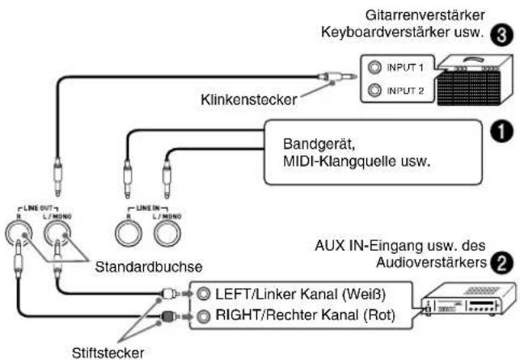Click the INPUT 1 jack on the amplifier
[374, 67]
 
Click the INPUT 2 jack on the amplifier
[374, 90]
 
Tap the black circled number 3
[501, 35]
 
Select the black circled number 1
[501, 132]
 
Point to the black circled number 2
[501, 263]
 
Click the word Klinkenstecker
[249, 100]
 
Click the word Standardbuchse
[149, 267]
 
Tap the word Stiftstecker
[108, 353]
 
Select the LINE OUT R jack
[19, 233]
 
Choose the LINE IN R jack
[129, 233]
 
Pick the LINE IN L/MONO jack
[167, 233]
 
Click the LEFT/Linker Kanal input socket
[203, 294]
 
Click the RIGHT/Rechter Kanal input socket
[203, 316]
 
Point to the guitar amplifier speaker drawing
[475, 80]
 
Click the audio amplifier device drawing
[468, 299]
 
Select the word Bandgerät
[319, 144]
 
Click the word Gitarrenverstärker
[425, 15]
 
